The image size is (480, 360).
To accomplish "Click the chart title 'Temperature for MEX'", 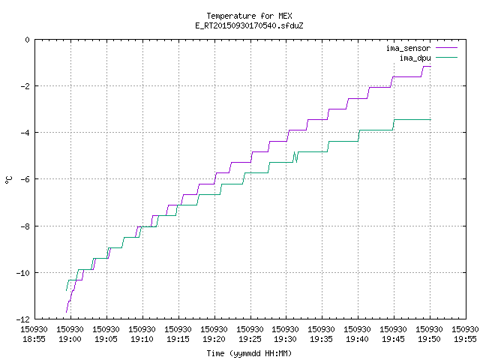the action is [x=249, y=16].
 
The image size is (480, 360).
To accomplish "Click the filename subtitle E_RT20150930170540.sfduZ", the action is [x=249, y=25].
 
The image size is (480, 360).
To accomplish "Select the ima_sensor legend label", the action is [x=408, y=48].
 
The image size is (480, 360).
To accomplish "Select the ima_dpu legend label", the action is [x=415, y=58].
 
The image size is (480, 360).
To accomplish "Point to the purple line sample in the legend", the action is [x=447, y=48].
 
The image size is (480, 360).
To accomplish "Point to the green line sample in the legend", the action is [x=447, y=58].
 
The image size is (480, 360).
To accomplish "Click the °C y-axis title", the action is [x=9, y=180].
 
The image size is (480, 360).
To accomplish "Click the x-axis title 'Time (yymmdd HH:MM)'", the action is [x=249, y=353].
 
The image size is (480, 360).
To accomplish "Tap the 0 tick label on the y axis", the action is [x=28, y=40].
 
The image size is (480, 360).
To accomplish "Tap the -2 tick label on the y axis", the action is [x=25, y=86].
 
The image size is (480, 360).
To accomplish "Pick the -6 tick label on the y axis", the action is [x=25, y=179].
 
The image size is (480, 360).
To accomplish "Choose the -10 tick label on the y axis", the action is [x=23, y=273].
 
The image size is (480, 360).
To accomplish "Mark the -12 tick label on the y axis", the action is [x=23, y=319].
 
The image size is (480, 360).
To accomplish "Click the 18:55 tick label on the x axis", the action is [x=34, y=339].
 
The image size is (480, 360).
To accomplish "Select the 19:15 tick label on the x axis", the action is [x=178, y=339].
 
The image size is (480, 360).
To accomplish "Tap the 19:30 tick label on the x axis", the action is [x=286, y=339].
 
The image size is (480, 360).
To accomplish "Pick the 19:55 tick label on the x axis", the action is [x=465, y=339].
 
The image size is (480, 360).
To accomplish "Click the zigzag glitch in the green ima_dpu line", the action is [x=295, y=157].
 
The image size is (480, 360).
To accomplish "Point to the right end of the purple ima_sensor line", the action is [x=430, y=67].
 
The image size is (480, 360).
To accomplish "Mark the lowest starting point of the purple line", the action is [x=67, y=312].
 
